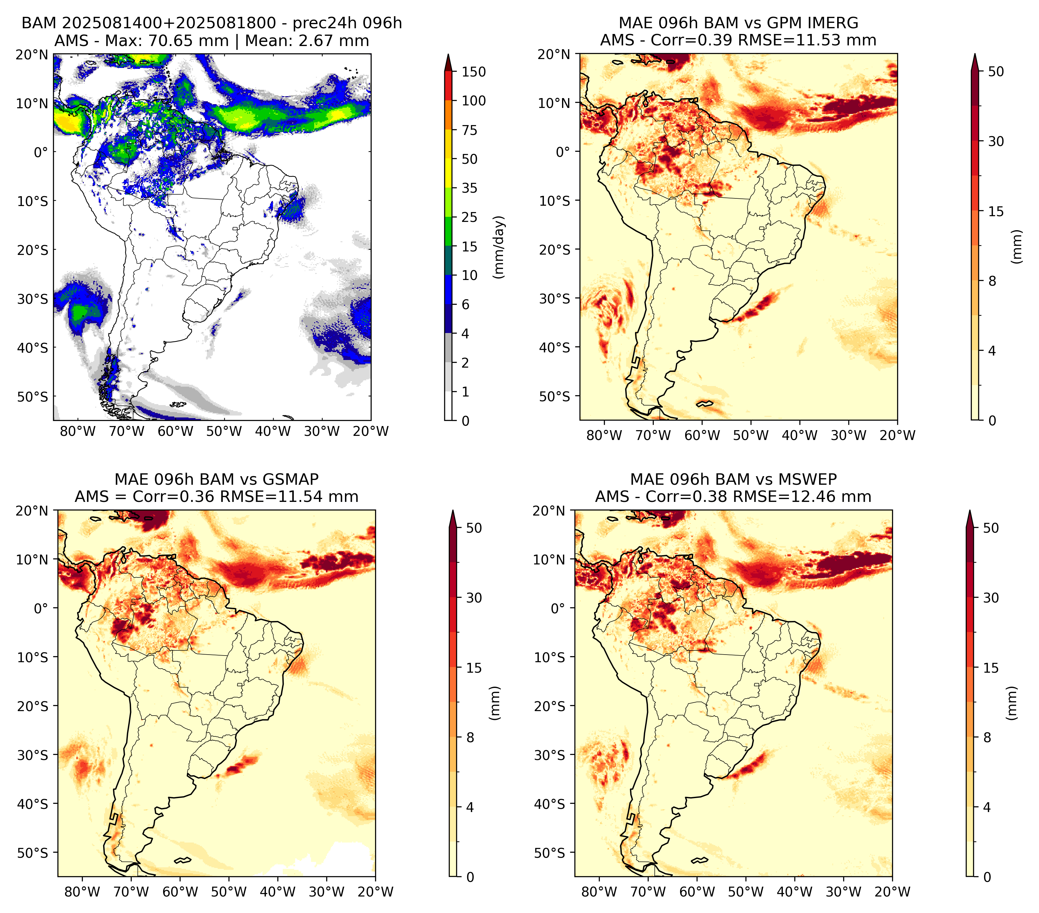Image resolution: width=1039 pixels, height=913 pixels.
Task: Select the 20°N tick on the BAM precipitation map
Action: point(31,54)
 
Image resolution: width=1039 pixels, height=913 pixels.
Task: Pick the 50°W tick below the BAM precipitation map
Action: point(224,432)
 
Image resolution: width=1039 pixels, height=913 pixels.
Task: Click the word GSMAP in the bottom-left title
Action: point(291,479)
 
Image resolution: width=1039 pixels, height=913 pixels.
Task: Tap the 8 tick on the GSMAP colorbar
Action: point(470,738)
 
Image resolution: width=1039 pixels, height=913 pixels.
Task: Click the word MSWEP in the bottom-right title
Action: point(809,479)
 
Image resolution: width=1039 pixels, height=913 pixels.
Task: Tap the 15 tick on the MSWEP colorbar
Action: point(991,668)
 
